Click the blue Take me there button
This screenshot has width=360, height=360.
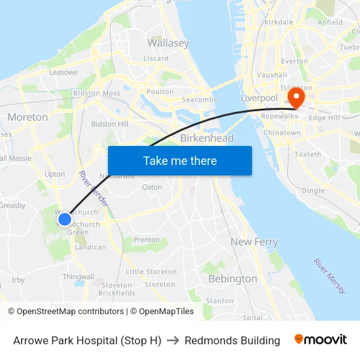click(x=179, y=160)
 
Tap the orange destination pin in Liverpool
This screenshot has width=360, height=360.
click(x=296, y=97)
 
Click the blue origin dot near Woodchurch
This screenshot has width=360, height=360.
click(x=65, y=219)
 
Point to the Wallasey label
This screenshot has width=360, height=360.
click(x=168, y=43)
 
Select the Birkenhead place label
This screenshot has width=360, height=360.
click(x=206, y=139)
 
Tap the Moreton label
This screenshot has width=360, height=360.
click(x=27, y=117)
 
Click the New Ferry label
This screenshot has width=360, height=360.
click(x=254, y=242)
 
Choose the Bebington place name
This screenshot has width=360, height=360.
click(x=232, y=279)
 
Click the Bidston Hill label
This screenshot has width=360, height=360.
click(x=110, y=124)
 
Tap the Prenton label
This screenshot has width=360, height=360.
click(x=147, y=240)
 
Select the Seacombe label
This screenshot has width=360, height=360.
click(x=200, y=99)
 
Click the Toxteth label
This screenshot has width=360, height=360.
click(x=308, y=154)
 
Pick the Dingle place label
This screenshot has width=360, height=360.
click(x=313, y=190)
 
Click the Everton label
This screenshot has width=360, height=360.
click(x=294, y=62)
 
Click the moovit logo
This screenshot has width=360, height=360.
click(x=321, y=340)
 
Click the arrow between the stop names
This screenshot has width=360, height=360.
click(x=173, y=340)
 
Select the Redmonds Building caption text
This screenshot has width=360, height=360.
click(x=232, y=340)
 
